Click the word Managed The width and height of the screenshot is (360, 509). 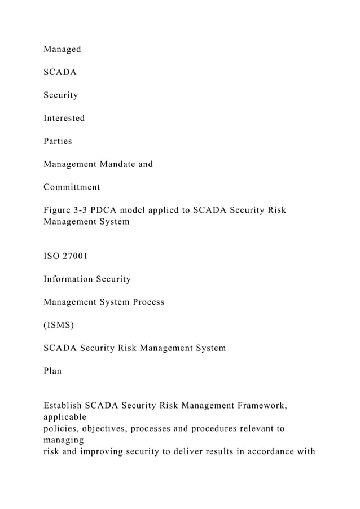click(x=62, y=50)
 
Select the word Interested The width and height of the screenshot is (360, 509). click(x=64, y=119)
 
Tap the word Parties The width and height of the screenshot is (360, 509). click(x=58, y=141)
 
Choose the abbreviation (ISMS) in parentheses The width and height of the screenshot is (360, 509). click(x=59, y=325)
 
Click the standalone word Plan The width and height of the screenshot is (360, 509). click(x=52, y=371)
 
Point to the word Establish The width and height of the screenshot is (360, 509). click(x=62, y=406)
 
